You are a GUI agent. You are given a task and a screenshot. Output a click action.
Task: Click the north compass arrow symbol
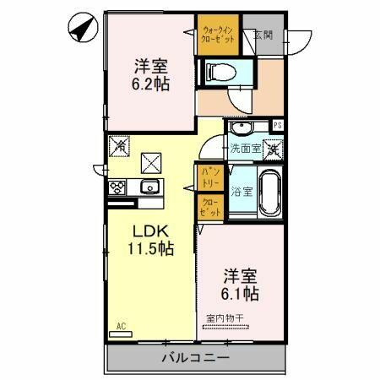[79, 30]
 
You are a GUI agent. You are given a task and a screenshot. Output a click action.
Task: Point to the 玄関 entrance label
[263, 35]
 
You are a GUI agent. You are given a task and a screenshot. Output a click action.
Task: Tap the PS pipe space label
[278, 127]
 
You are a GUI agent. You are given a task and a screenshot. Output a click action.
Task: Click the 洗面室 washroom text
[245, 148]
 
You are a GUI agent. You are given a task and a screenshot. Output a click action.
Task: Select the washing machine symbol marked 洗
[273, 149]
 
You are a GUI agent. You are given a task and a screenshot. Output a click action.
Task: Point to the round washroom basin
[242, 128]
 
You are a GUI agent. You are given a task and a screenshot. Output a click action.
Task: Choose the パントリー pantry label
[209, 177]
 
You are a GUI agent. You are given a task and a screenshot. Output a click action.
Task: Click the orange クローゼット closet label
[211, 208]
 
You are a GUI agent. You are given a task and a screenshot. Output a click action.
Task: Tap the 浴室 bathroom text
[242, 191]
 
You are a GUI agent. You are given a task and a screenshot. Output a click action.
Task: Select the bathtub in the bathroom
[270, 193]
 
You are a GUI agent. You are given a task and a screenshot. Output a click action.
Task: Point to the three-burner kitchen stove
[117, 188]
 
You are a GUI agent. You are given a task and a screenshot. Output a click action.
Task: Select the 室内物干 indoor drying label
[224, 318]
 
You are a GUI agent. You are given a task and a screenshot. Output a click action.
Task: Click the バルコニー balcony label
[195, 358]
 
